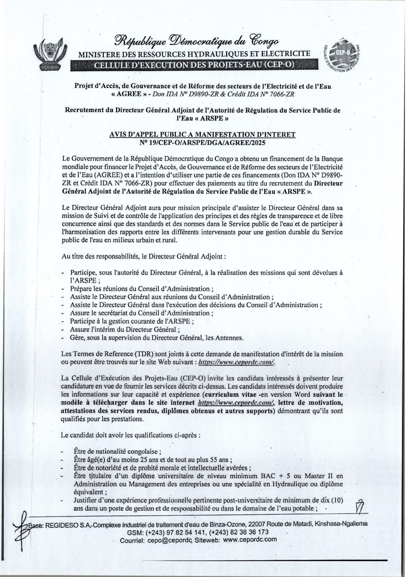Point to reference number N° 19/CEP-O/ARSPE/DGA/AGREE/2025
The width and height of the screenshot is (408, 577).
pyautogui.click(x=203, y=142)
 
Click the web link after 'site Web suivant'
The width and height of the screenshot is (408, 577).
pyautogui.click(x=236, y=362)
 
